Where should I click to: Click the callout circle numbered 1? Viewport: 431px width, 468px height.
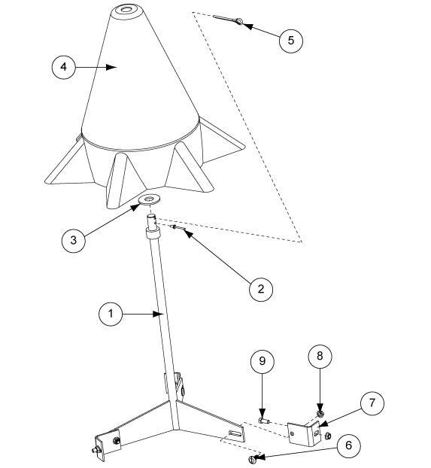click(x=111, y=314)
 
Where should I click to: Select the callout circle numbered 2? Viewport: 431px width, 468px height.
click(x=261, y=289)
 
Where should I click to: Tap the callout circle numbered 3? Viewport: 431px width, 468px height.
click(x=74, y=240)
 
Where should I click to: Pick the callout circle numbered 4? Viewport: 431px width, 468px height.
click(x=64, y=66)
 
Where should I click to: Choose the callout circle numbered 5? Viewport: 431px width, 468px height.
click(x=291, y=41)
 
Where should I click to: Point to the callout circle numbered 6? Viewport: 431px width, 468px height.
click(x=348, y=445)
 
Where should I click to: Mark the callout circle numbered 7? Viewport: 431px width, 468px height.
click(x=372, y=403)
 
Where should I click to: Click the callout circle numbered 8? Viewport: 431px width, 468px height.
click(x=320, y=356)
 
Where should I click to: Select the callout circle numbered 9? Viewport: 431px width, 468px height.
click(x=263, y=361)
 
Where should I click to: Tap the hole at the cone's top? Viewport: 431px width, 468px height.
click(x=126, y=9)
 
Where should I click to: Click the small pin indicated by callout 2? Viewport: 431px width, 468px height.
click(x=178, y=228)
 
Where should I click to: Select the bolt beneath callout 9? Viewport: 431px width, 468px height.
click(x=264, y=421)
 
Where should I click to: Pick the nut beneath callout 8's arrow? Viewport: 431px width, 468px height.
click(x=320, y=414)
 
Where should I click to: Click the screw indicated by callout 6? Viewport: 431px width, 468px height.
click(x=252, y=458)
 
